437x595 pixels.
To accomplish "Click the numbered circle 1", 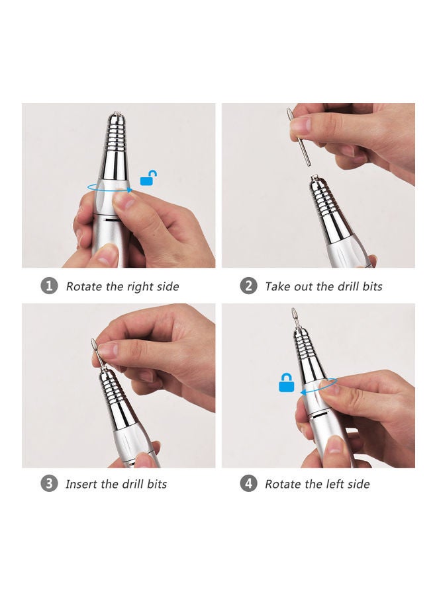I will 49,286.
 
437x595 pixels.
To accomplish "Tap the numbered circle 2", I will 248,286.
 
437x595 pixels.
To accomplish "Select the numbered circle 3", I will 49,483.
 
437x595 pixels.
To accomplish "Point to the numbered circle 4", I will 248,483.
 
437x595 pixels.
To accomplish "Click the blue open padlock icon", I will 149,178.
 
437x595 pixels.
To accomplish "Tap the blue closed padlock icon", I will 286,383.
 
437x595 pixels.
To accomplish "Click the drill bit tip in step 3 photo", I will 95,344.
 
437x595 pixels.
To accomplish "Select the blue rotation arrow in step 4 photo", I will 318,387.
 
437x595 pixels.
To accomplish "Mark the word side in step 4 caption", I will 358,484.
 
